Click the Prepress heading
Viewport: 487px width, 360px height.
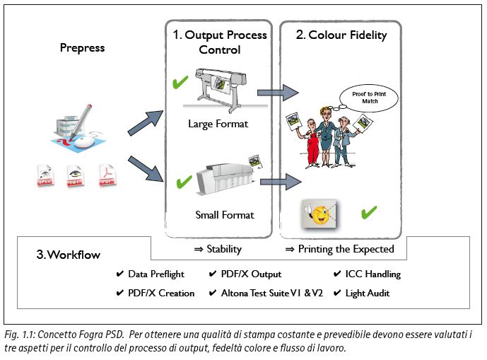pos(82,48)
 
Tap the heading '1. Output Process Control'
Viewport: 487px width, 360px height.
pos(220,42)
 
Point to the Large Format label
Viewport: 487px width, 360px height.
pos(219,124)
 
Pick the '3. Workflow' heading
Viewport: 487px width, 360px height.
pos(69,255)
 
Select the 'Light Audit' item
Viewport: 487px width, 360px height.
pos(368,293)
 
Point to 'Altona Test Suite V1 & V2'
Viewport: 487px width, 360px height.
pos(271,293)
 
